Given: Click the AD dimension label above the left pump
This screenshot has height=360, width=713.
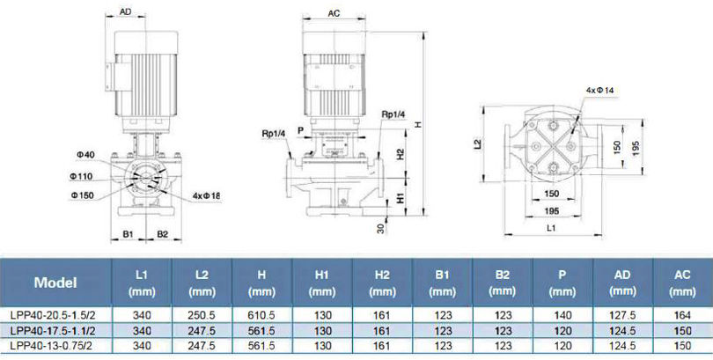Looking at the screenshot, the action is [x=126, y=11].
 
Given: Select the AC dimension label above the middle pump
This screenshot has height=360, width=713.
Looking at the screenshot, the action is [x=334, y=13].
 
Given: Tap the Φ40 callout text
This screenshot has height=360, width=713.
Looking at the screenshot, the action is [x=85, y=155].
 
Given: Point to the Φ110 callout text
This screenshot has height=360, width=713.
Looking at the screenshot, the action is [x=81, y=176].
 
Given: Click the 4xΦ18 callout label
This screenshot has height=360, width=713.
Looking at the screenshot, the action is [x=207, y=196].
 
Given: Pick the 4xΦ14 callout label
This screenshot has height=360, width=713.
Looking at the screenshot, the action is [x=599, y=90].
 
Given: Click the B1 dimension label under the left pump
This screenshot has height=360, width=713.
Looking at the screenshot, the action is [x=128, y=234].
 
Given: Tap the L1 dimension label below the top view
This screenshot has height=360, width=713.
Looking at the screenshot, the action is [x=551, y=228].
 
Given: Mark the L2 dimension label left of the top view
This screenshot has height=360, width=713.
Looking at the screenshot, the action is [x=477, y=144].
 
